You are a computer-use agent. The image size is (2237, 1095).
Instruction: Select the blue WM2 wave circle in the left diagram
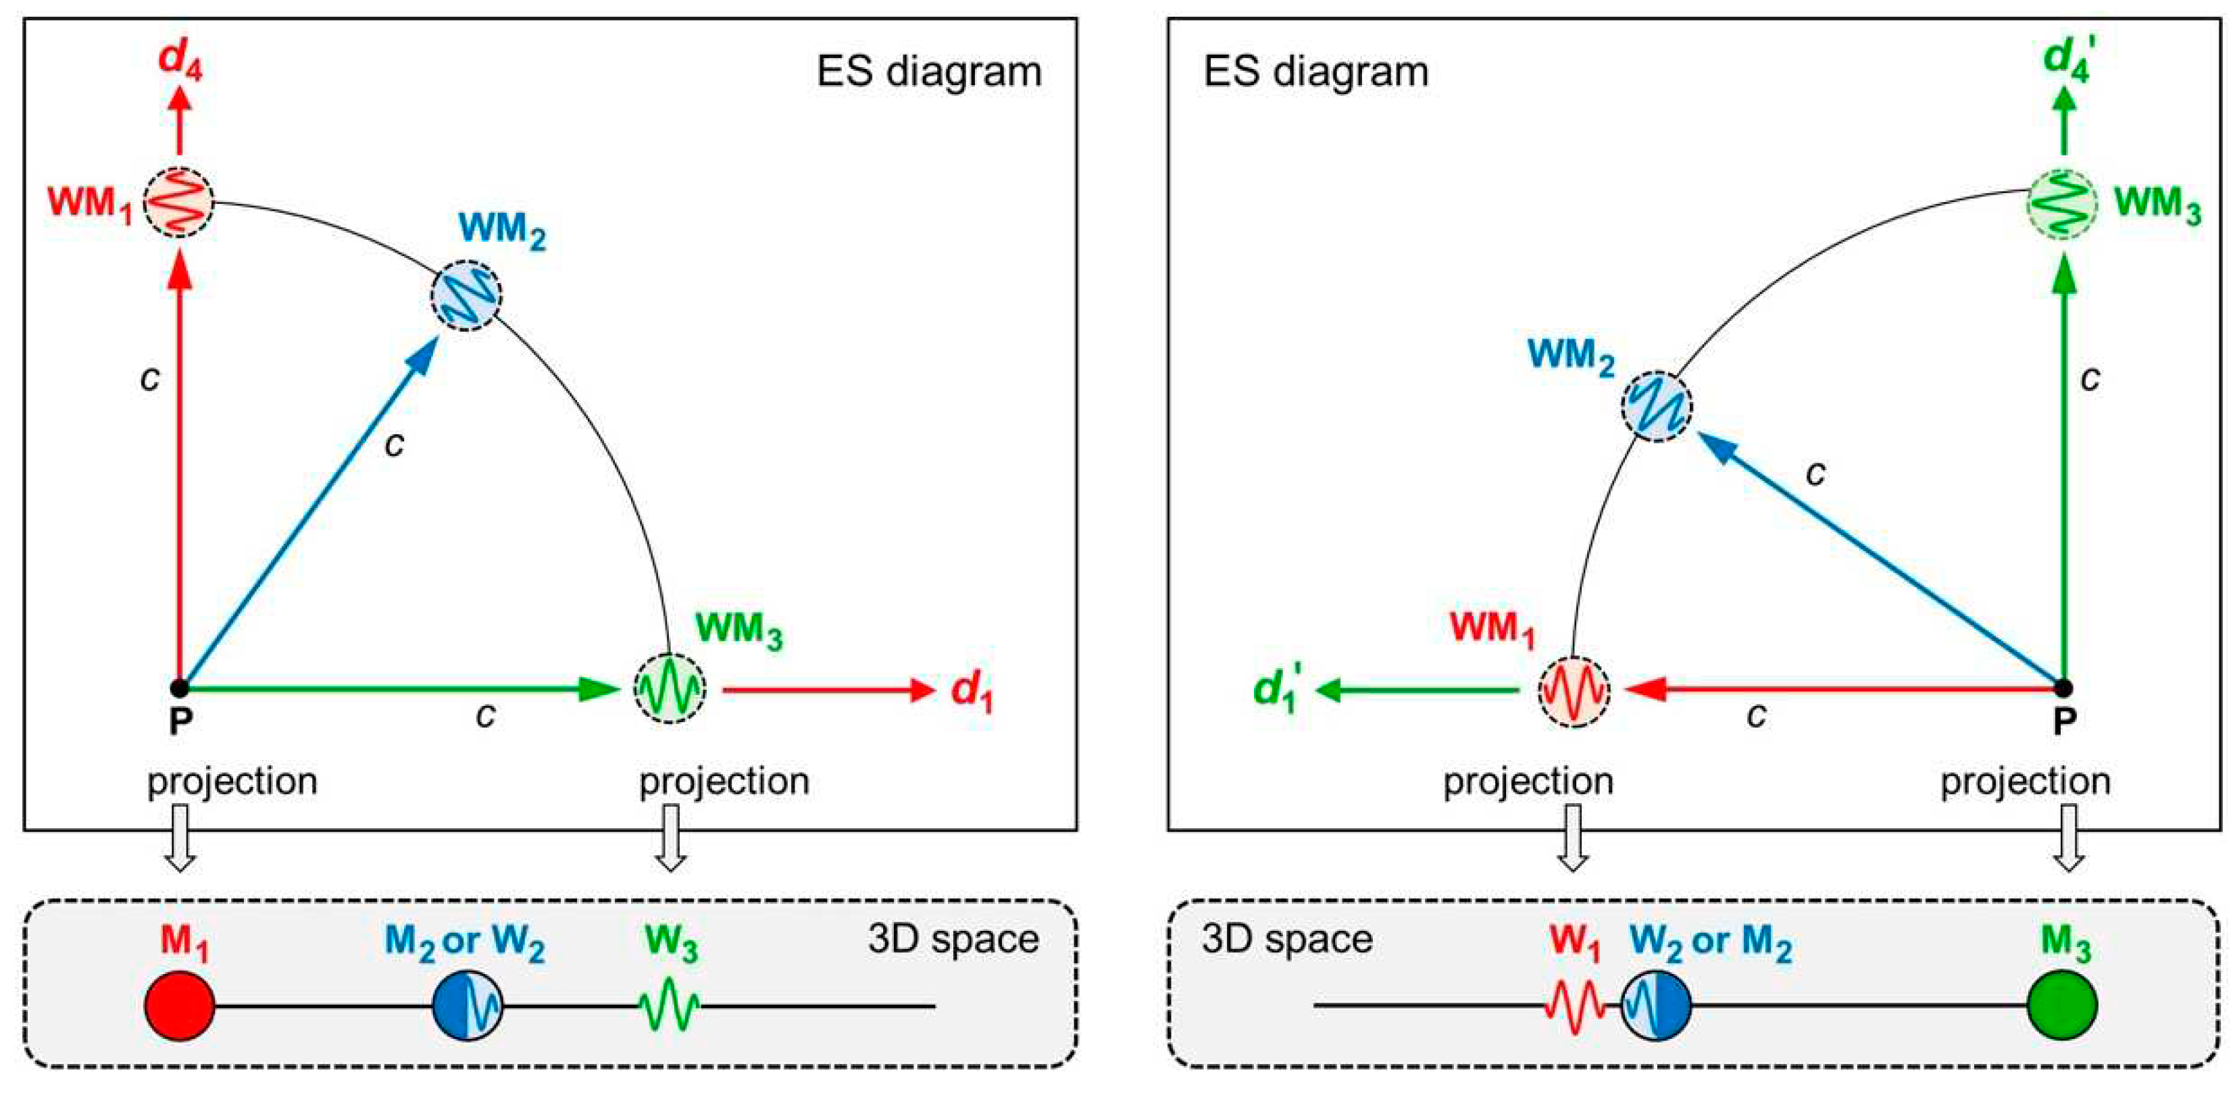point(466,295)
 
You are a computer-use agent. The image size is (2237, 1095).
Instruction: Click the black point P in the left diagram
point(179,688)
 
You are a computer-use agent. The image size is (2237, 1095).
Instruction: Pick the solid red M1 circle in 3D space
point(179,1007)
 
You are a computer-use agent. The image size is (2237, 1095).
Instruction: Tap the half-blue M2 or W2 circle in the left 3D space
point(468,1007)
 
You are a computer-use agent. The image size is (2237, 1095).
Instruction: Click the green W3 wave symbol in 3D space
point(670,1007)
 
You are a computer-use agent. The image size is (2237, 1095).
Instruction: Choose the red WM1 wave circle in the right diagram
point(1574,691)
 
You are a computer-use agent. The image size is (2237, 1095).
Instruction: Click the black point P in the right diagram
point(2063,688)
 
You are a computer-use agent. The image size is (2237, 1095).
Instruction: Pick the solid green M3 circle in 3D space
point(2063,1007)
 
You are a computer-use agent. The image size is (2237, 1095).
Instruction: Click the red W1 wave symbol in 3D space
point(1574,1007)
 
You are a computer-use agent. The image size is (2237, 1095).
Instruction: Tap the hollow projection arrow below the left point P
point(180,837)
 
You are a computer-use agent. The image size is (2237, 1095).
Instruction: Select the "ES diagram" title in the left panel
point(928,71)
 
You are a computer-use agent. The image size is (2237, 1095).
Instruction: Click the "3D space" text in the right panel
point(1286,940)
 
